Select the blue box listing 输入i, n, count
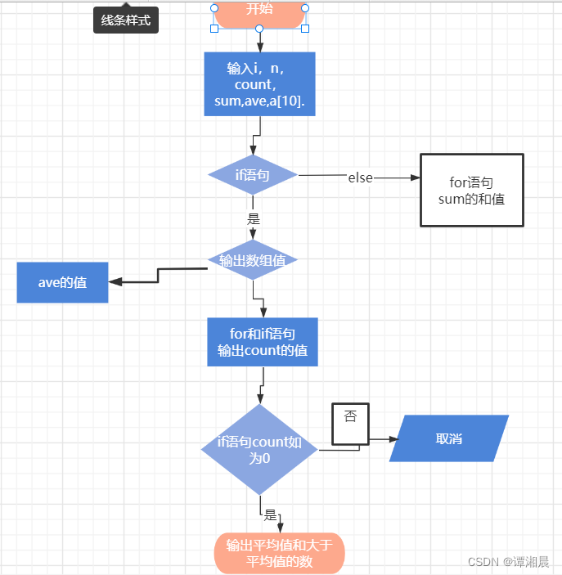click(x=259, y=83)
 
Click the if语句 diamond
click(x=253, y=175)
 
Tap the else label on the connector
click(x=360, y=177)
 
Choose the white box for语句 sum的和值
click(x=471, y=190)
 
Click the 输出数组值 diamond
click(x=253, y=260)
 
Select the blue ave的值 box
click(x=63, y=282)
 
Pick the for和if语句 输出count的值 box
click(x=263, y=342)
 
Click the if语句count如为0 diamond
click(x=259, y=449)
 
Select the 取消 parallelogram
click(x=449, y=438)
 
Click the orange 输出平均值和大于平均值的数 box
click(x=280, y=553)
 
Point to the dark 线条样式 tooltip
click(x=125, y=20)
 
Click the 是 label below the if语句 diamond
click(x=254, y=218)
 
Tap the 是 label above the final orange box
click(x=271, y=514)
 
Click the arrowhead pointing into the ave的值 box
click(x=115, y=282)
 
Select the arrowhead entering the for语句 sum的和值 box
click(x=414, y=177)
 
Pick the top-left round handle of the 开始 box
click(x=214, y=7)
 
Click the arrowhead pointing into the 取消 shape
click(x=393, y=439)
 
